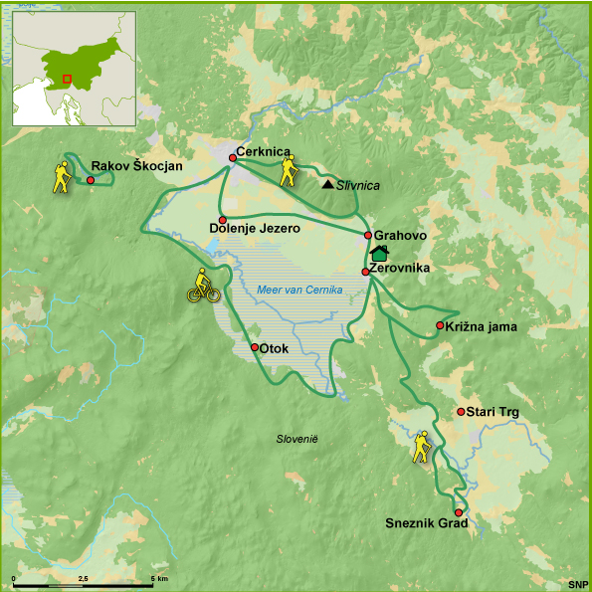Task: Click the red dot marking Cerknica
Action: click(232, 157)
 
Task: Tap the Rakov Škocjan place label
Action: click(136, 166)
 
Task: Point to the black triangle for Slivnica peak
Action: click(327, 184)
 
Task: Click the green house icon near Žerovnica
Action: click(378, 254)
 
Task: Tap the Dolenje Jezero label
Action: click(255, 228)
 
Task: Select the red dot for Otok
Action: click(255, 347)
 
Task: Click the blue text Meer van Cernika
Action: click(299, 290)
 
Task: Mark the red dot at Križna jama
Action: click(440, 325)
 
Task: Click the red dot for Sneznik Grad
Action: click(459, 512)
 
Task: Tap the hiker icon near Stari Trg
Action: click(423, 448)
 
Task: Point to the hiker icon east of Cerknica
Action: click(289, 171)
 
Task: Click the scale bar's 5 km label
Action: click(159, 578)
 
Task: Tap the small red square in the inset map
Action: click(67, 79)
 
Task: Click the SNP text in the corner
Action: click(577, 583)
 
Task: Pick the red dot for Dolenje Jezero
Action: click(223, 220)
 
